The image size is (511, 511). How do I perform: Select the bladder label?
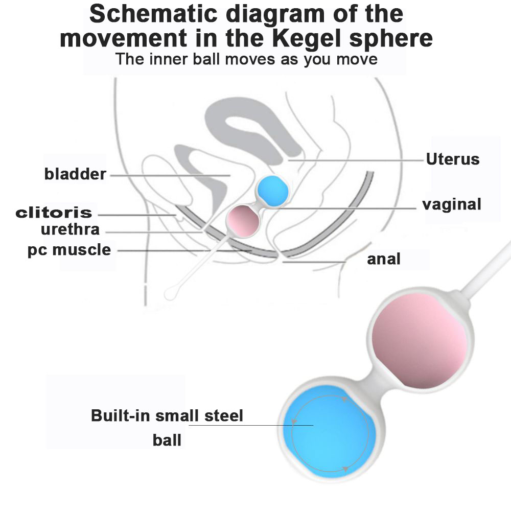pyautogui.click(x=75, y=174)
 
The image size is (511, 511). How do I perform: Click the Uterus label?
pyautogui.click(x=453, y=159)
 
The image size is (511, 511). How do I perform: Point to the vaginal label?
pyautogui.click(x=452, y=204)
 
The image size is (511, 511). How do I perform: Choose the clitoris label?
pyautogui.click(x=54, y=213)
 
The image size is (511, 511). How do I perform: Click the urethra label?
pyautogui.click(x=70, y=229)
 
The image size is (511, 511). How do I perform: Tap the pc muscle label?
pyautogui.click(x=69, y=250)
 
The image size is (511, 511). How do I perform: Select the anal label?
pyautogui.click(x=384, y=259)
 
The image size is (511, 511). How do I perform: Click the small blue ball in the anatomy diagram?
pyautogui.click(x=272, y=191)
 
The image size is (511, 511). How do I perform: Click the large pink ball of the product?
pyautogui.click(x=419, y=345)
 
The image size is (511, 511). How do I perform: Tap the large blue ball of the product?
pyautogui.click(x=330, y=433)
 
